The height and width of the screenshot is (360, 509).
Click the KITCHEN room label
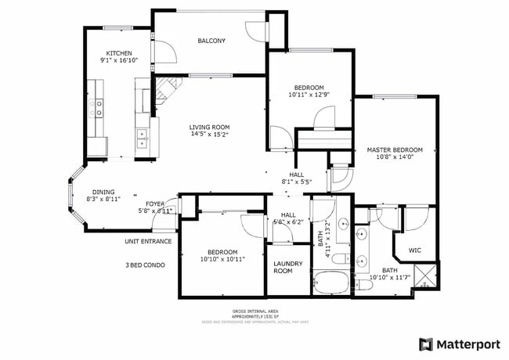click(120, 53)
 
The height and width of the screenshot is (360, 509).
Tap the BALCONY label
click(211, 41)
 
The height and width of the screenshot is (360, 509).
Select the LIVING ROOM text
click(209, 127)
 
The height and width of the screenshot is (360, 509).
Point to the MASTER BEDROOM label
click(395, 149)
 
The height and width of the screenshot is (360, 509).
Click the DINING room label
click(103, 192)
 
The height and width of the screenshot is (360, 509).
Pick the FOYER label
click(154, 203)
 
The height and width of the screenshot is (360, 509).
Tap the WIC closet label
click(414, 251)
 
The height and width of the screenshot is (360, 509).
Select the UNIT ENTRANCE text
click(148, 241)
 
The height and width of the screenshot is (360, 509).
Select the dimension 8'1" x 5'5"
click(297, 182)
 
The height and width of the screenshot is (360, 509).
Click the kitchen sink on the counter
click(143, 139)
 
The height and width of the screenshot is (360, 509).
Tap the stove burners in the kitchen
click(100, 108)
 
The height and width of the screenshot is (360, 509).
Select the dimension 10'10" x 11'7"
click(389, 277)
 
